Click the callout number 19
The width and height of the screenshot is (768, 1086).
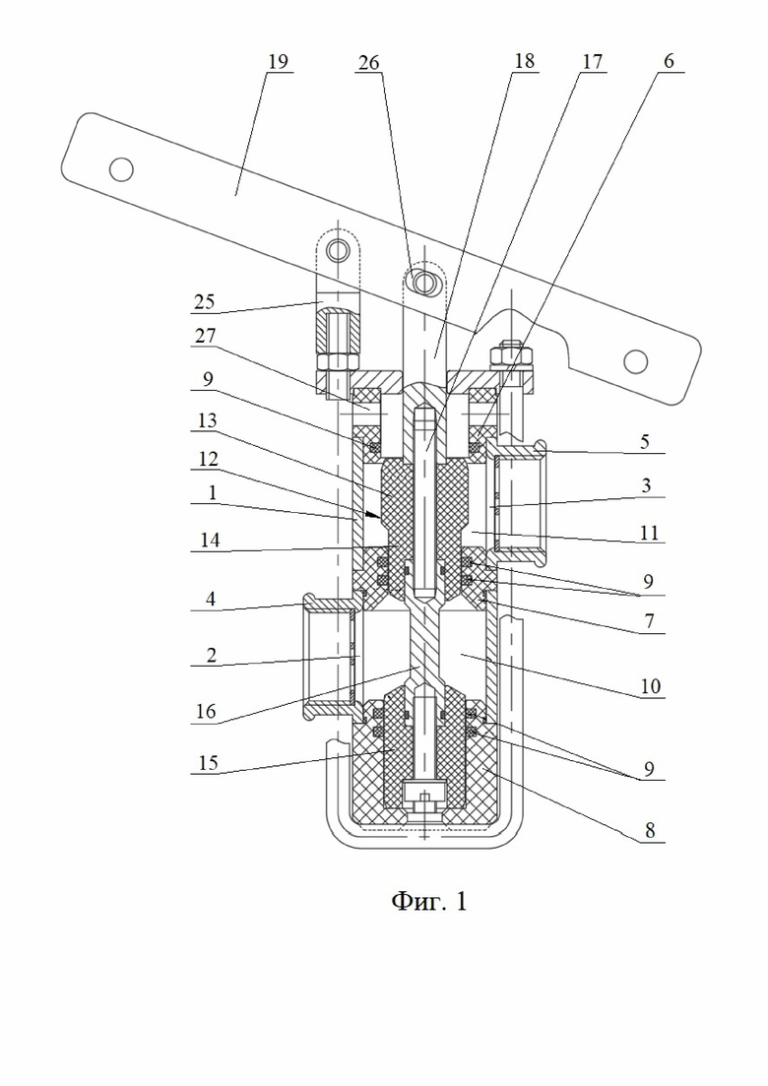[x=278, y=62]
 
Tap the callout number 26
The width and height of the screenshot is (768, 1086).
[x=368, y=63]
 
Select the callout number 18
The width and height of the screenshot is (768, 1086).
[x=524, y=61]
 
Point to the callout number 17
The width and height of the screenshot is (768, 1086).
[x=592, y=62]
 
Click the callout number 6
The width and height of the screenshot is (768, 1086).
[x=669, y=61]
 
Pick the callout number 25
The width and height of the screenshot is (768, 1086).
[x=204, y=302]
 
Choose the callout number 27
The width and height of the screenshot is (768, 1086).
[x=205, y=336]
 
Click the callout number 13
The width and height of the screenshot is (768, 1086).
[x=207, y=420]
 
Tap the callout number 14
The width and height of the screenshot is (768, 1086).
[x=210, y=540]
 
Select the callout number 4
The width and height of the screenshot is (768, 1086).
[x=211, y=599]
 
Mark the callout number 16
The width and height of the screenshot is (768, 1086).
[x=206, y=711]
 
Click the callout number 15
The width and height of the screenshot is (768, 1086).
[x=208, y=762]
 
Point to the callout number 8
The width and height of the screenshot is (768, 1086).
[x=649, y=830]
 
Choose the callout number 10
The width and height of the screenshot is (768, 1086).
[x=650, y=686]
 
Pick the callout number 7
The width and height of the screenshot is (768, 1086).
[x=649, y=620]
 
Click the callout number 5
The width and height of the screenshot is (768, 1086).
[x=645, y=441]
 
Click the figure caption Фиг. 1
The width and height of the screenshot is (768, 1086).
[x=429, y=901]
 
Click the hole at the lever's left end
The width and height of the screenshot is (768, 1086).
[x=121, y=169]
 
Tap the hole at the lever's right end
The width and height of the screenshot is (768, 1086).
[x=635, y=361]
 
